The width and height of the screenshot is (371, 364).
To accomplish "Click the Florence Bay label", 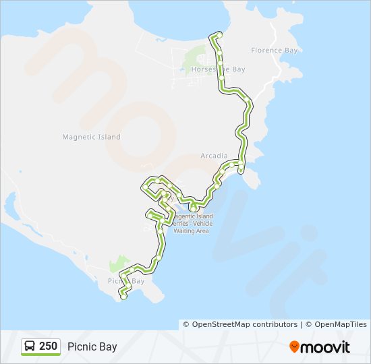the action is coord(275,50).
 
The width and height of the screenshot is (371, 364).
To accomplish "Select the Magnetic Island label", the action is coord(91,137).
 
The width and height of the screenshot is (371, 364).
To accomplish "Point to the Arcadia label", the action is coord(214,156).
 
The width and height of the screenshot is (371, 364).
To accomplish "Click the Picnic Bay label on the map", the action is coord(126,281).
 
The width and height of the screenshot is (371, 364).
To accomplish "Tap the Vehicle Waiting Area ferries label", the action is coord(191,223).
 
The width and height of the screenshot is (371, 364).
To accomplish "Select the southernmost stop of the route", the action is coord(123,296).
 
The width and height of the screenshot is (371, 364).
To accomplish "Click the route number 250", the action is coord(48,346).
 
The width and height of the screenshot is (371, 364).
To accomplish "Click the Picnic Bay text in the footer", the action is coord(92,347).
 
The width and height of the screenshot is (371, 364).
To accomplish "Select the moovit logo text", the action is coord(326,347).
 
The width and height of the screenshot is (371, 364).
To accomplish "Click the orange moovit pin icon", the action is coord(294,346).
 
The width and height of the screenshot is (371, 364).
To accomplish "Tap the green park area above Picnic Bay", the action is coord(119,264).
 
